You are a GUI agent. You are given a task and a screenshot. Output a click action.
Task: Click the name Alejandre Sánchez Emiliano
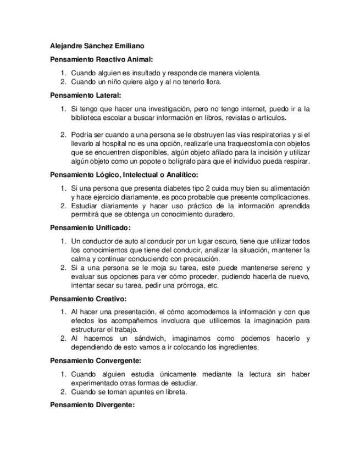click(x=97, y=47)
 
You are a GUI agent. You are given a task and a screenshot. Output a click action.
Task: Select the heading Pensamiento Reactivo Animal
click(x=101, y=59)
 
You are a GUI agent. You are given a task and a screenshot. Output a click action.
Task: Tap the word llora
click(x=213, y=82)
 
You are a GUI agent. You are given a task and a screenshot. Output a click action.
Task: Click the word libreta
click(x=175, y=392)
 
